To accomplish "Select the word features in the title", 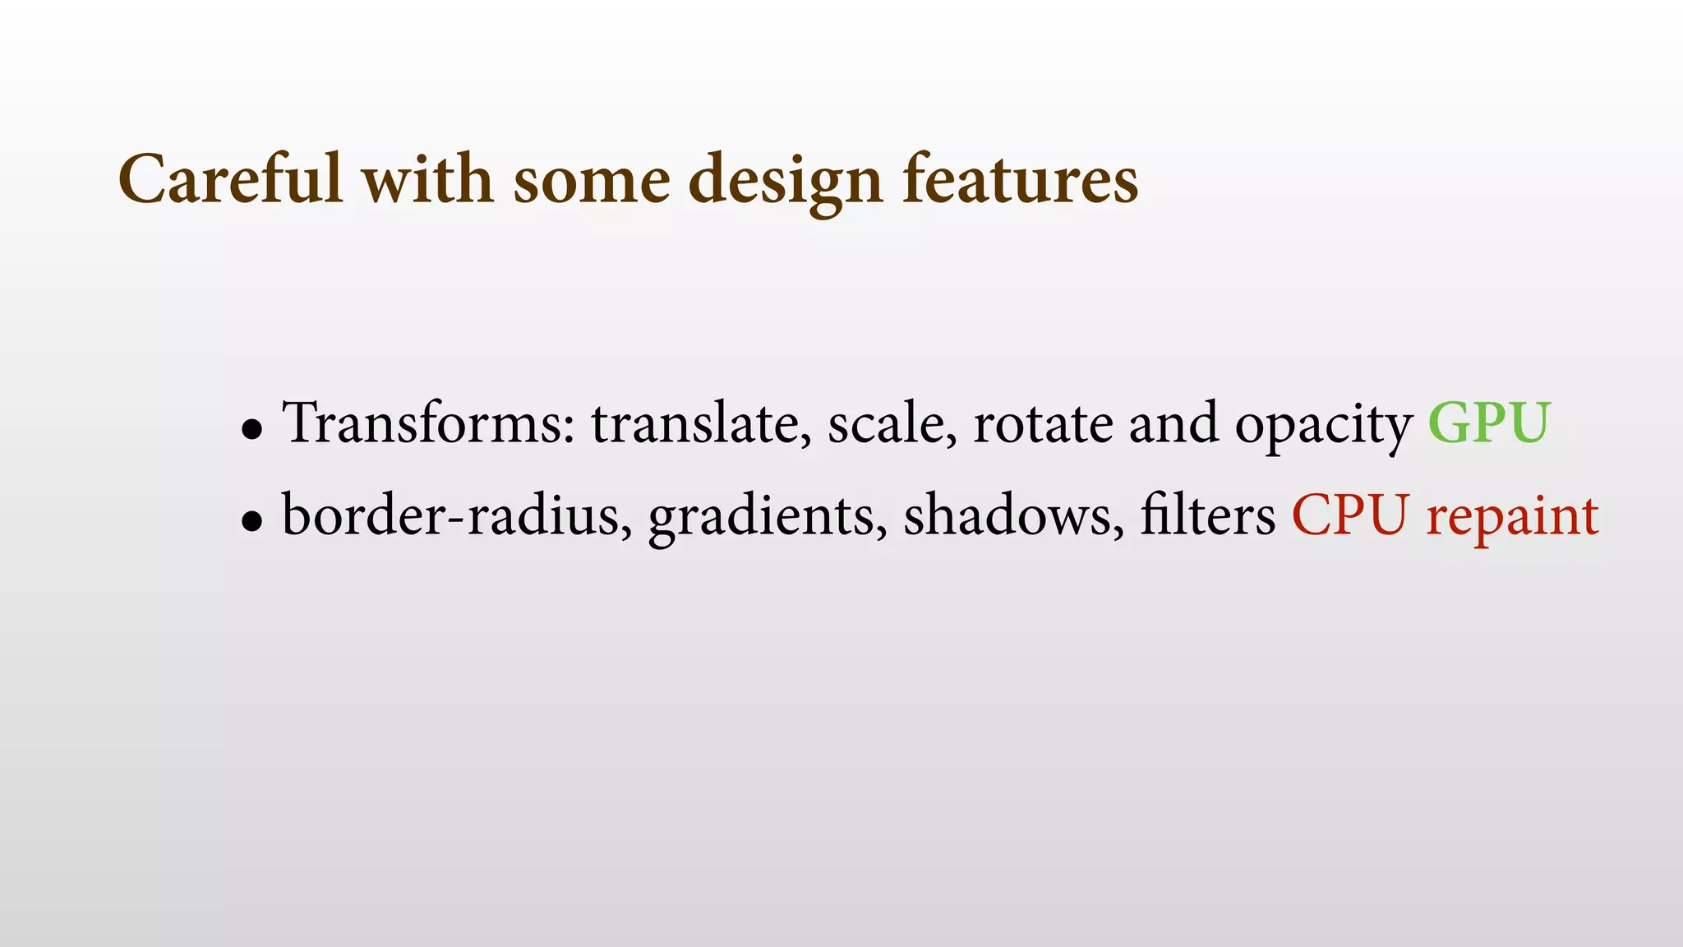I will [x=1020, y=179].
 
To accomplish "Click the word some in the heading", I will [x=592, y=181].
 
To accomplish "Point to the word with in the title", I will [x=427, y=179].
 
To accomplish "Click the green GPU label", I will [x=1488, y=423].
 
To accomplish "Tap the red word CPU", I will [x=1350, y=515].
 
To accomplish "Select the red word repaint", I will [x=1512, y=518].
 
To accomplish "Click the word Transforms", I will [x=428, y=423].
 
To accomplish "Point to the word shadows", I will [x=1013, y=515].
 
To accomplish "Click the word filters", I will [x=1207, y=515].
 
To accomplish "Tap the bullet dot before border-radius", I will [x=252, y=521].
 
